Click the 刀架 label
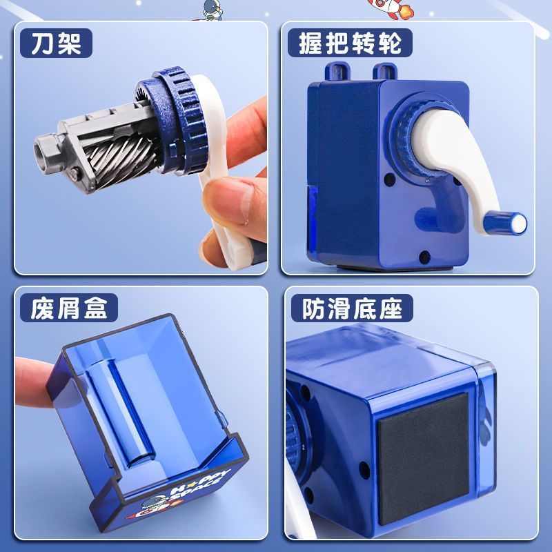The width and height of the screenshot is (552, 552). [56, 43]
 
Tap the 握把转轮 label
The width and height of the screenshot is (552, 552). [350, 43]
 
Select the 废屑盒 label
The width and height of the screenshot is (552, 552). [68, 308]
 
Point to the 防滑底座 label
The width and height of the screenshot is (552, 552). [352, 308]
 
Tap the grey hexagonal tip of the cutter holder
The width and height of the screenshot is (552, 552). [46, 147]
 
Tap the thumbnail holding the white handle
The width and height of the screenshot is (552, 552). [230, 201]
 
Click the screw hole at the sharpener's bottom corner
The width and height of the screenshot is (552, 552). [424, 257]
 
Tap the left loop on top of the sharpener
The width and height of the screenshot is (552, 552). [337, 71]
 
